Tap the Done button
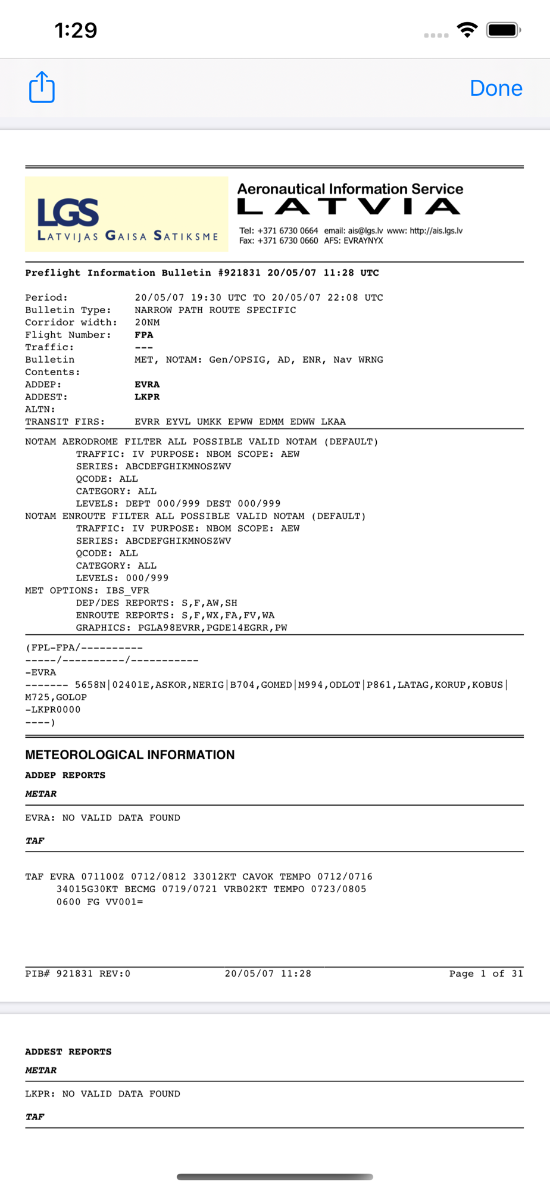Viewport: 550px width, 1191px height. point(496,88)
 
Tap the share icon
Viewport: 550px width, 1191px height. point(42,88)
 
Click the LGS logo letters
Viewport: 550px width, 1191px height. point(68,213)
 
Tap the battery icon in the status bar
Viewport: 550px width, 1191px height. point(503,30)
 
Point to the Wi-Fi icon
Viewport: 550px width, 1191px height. point(467,30)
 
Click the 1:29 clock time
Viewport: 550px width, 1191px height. point(76,30)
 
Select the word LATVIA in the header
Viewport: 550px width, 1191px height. point(349,207)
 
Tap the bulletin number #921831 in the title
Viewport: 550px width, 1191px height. point(239,273)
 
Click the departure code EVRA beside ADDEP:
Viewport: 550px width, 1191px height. point(147,385)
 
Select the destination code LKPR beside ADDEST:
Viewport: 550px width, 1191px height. point(147,397)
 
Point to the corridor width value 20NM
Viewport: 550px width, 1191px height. point(147,323)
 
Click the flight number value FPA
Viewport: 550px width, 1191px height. point(144,335)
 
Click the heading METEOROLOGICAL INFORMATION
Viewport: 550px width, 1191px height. point(130,754)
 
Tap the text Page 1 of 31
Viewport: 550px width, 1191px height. point(486,974)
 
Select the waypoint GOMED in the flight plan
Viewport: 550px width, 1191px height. point(276,685)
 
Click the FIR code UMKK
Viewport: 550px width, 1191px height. point(209,422)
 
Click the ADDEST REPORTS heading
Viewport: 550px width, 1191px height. point(68,1052)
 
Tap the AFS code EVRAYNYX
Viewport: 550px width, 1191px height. point(363,241)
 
